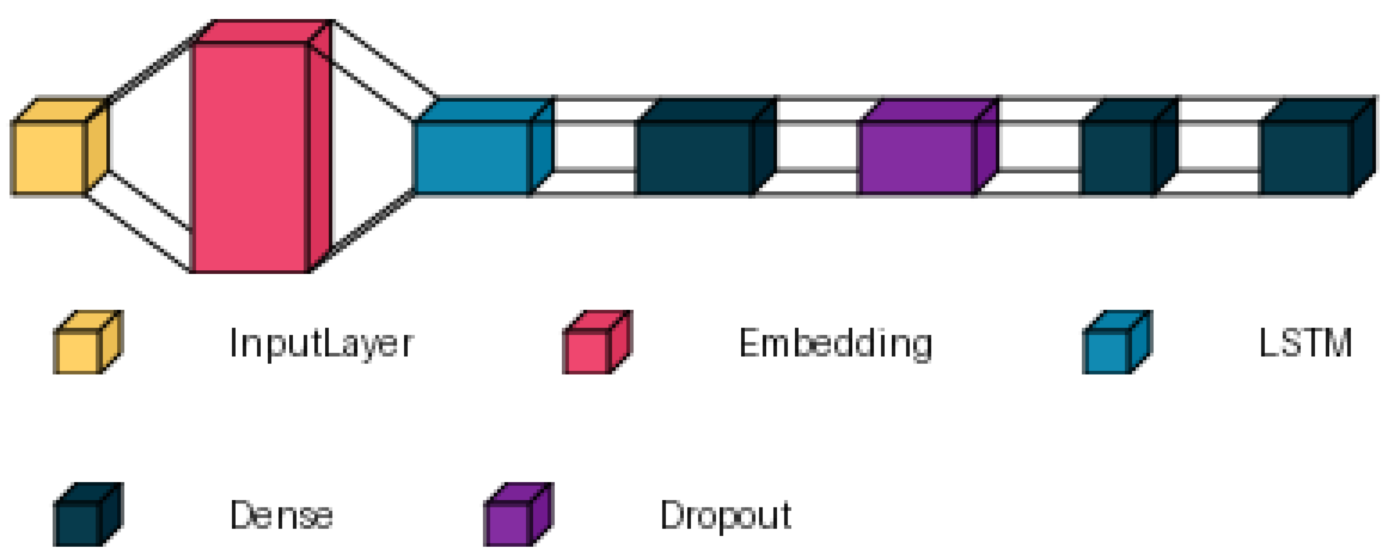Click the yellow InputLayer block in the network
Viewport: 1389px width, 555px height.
pos(50,157)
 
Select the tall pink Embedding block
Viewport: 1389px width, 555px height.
pos(250,157)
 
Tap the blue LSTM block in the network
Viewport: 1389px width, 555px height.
pos(472,157)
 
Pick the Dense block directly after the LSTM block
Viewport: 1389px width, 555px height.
pos(694,157)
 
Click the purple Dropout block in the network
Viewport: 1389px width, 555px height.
pos(917,157)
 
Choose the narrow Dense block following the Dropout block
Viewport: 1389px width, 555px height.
pos(1118,157)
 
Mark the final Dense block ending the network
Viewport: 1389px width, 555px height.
pos(1305,157)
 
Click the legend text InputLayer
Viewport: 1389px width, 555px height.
pos(321,343)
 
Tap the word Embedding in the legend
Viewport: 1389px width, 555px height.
pos(835,343)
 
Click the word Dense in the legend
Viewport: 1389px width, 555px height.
pos(281,516)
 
